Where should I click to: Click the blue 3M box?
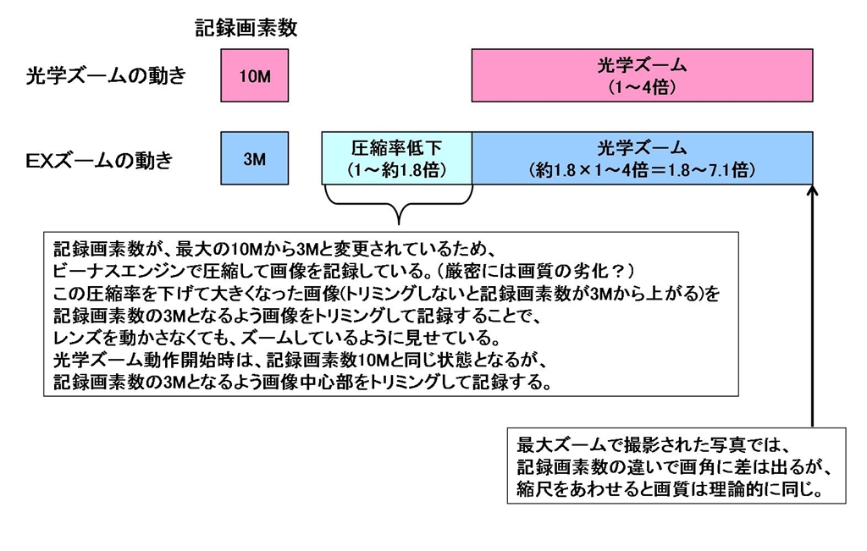pyautogui.click(x=254, y=158)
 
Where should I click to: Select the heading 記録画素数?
pyautogui.click(x=246, y=29)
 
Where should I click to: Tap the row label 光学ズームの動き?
pyautogui.click(x=106, y=76)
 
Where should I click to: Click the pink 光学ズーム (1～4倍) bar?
pyautogui.click(x=643, y=76)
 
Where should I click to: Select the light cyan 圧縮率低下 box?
pyautogui.click(x=396, y=158)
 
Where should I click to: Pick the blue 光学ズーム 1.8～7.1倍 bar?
pyautogui.click(x=643, y=158)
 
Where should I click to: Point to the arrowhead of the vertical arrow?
pyautogui.click(x=812, y=190)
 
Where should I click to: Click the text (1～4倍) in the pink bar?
pyautogui.click(x=641, y=87)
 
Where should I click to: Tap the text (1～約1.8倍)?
pyautogui.click(x=396, y=169)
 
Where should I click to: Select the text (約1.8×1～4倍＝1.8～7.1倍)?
pyautogui.click(x=641, y=169)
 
